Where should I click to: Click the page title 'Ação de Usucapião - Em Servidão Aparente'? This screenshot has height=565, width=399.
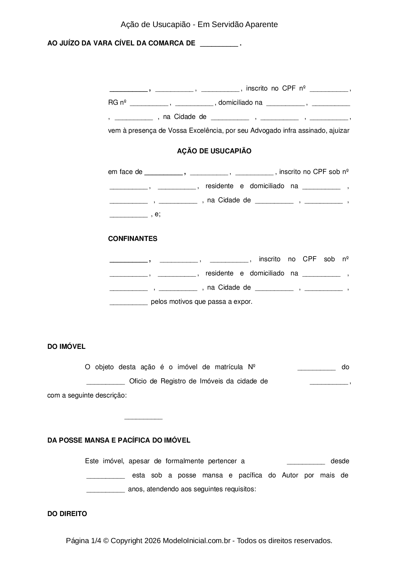coord(199,24)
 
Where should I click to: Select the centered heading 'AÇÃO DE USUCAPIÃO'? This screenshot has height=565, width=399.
coord(214,151)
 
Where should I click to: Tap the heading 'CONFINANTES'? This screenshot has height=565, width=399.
coord(133,239)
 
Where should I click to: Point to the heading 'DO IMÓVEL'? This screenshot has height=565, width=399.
coord(66,347)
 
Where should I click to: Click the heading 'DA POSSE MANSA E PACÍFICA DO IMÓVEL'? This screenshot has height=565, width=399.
coord(119,440)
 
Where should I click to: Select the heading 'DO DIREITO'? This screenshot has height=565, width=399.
coord(67,514)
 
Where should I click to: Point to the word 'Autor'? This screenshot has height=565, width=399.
coord(290,475)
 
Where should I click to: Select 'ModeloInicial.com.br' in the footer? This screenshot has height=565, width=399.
coord(196,541)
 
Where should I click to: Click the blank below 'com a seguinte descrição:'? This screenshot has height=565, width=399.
coord(143,418)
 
